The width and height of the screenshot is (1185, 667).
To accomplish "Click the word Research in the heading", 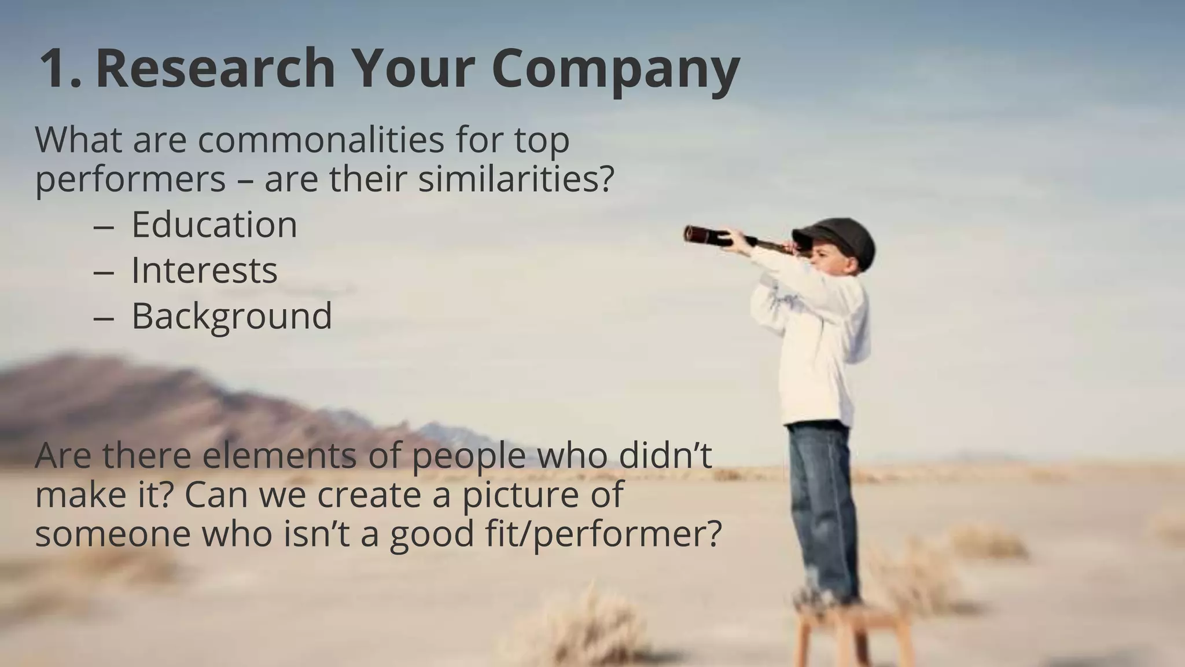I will coord(215,68).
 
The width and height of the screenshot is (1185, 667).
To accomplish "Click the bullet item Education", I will coord(214,225).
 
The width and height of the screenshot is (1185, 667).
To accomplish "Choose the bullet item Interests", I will coord(204,270).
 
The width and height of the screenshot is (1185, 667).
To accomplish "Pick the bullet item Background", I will coord(231,316).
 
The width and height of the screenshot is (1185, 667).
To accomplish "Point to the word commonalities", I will coord(322,140).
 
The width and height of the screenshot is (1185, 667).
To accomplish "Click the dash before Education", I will coord(103,226).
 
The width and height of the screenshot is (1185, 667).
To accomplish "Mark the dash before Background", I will coord(103,318).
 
